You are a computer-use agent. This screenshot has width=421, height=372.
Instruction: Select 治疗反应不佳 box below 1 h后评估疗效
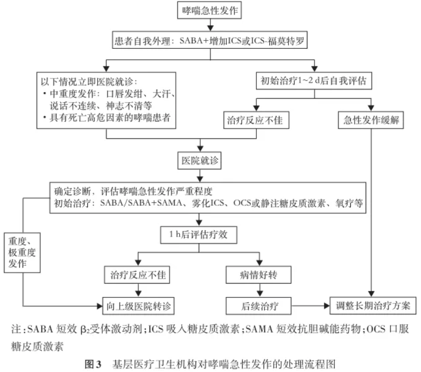pos(137,275)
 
